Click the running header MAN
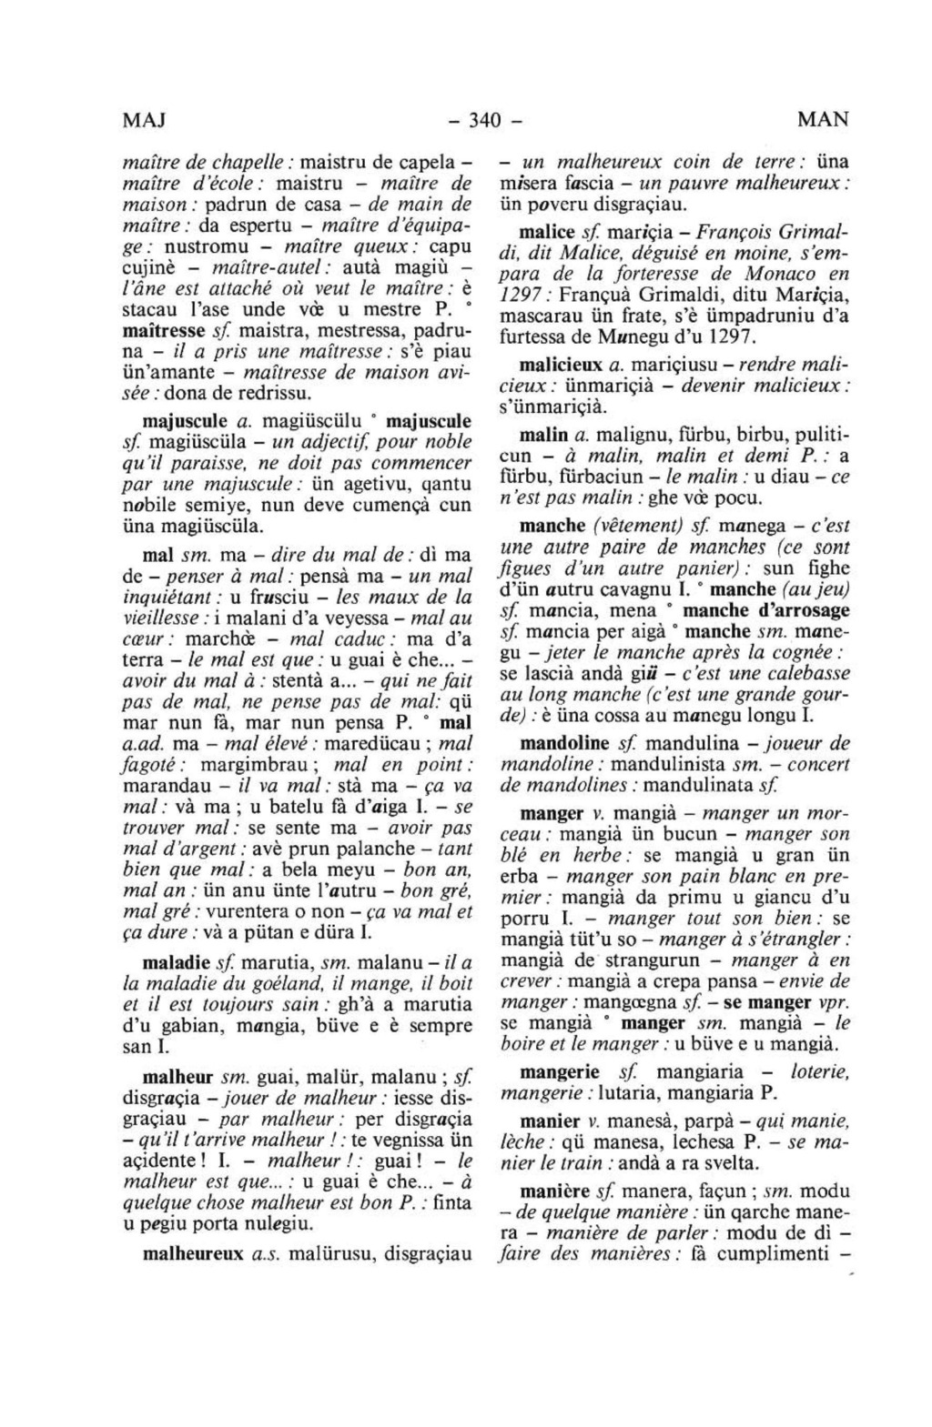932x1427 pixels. click(x=822, y=119)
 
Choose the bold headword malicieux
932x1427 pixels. click(x=558, y=365)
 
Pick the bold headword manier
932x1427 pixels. click(x=549, y=1120)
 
